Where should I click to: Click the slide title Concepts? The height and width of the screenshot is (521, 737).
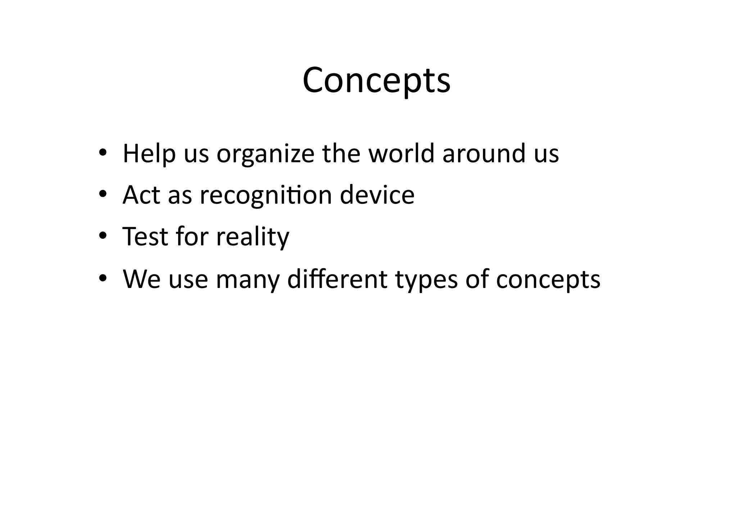[x=376, y=80]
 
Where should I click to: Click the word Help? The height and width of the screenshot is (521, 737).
[x=149, y=154]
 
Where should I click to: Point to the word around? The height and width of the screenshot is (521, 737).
[x=484, y=154]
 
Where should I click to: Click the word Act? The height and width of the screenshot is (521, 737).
[x=141, y=195]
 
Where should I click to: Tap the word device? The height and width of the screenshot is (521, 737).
[x=377, y=195]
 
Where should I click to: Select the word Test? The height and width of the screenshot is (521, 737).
[x=145, y=237]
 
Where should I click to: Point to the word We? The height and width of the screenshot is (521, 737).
[x=142, y=279]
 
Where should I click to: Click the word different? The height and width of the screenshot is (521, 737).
[x=337, y=279]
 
